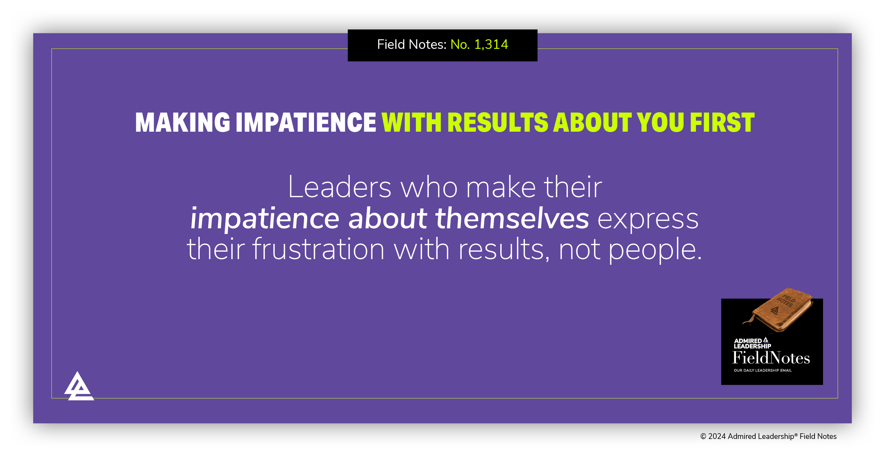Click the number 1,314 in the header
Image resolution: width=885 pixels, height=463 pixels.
click(491, 45)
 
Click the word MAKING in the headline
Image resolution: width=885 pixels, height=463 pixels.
click(183, 122)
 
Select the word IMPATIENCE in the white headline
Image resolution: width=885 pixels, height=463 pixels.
click(306, 122)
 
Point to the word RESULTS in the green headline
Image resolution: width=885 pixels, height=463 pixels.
click(498, 122)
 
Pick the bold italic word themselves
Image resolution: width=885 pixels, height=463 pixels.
click(512, 218)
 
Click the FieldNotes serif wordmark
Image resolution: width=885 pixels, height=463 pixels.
click(771, 358)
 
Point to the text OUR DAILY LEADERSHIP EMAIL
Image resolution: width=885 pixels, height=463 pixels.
click(763, 370)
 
